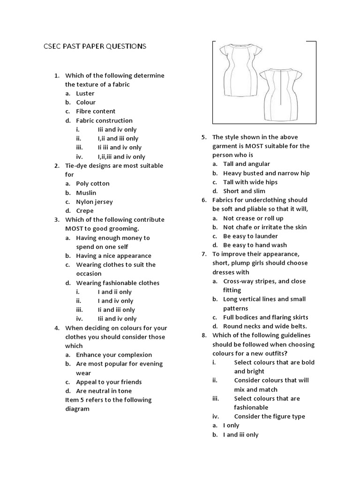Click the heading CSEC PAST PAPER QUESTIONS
pos(92,46)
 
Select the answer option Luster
pos(85,93)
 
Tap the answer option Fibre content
pos(96,111)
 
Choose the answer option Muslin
pos(86,193)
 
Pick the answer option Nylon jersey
pos(94,202)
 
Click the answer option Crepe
pos(85,210)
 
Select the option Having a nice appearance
pos(113,255)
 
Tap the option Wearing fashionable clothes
pos(118,283)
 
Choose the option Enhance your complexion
pos(114,355)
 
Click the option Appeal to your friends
pos(109,382)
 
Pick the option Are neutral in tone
pos(104,390)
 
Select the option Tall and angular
pos(247,164)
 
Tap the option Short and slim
pos(244,191)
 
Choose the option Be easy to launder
pos(250,236)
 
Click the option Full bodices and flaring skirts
pos(265,317)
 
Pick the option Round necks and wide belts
pos(265,326)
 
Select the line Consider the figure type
pos(269,416)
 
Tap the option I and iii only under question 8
pos(240,435)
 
